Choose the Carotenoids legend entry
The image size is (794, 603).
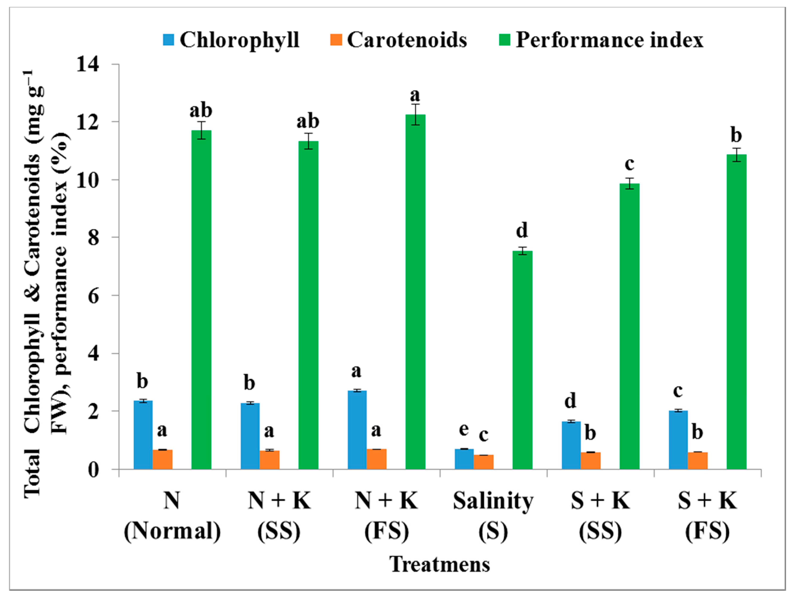click(399, 40)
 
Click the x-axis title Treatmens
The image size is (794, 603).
click(440, 564)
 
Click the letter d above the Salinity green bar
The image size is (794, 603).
click(522, 230)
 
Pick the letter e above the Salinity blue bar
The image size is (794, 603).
click(464, 429)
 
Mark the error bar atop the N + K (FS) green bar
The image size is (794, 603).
click(416, 114)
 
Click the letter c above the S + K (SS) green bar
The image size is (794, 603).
click(629, 164)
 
